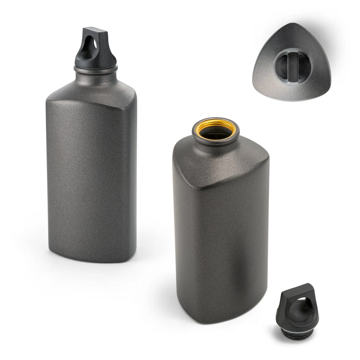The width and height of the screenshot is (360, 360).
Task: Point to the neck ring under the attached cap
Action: [96, 68]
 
